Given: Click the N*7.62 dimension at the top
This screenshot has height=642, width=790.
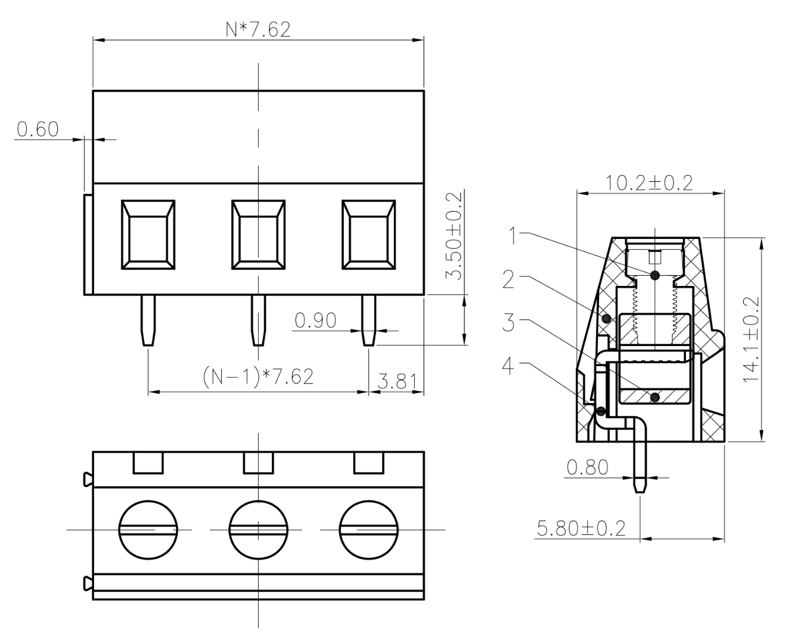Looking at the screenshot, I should coord(258,30).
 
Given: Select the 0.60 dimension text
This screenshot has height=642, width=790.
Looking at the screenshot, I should coord(37,129).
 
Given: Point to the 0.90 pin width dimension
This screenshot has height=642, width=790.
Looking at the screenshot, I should coord(315,320).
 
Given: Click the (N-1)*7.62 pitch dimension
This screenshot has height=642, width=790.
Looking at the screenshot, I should coord(258,376).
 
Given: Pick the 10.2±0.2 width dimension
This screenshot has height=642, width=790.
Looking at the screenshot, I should coord(649,182).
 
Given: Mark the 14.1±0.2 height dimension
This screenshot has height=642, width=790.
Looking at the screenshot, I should coord(753,339).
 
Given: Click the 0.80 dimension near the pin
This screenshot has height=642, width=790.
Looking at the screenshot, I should coord(587,467).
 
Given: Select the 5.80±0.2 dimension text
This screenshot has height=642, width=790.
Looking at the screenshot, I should coord(581,528).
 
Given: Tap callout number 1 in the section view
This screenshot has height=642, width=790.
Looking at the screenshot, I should coord(512,236).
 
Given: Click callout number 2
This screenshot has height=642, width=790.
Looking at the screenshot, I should coord(509,279).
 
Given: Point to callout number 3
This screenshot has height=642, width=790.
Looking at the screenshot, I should coord(509,323).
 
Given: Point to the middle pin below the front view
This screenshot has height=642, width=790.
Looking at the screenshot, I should coord(258,320).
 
